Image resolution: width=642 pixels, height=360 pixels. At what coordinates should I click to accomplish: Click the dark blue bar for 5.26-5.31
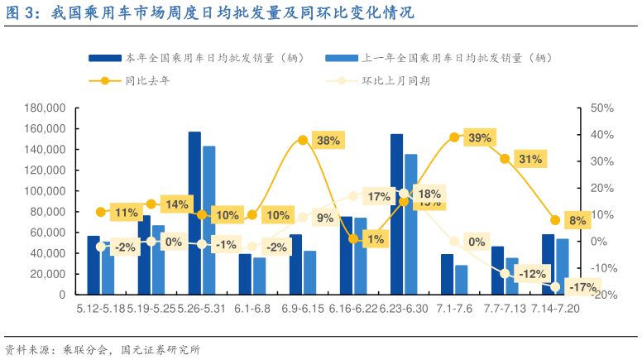194,213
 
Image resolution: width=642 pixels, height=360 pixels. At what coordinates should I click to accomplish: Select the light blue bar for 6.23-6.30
411,223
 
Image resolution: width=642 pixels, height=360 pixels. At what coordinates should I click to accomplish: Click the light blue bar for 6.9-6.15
310,272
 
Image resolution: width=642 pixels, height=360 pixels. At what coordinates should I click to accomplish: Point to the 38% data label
328,140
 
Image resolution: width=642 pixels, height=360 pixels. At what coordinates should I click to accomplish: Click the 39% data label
480,138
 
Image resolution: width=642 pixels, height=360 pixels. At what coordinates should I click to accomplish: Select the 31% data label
529,159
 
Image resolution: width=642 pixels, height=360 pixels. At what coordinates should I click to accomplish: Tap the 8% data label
577,220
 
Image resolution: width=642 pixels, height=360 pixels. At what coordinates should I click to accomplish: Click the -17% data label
584,287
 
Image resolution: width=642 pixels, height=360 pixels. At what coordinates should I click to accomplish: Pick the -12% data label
533,274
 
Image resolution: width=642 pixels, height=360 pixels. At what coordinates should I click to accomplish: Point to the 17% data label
379,197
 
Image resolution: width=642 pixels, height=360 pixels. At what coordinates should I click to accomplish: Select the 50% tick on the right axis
601,108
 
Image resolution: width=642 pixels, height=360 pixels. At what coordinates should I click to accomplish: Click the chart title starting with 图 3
207,13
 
